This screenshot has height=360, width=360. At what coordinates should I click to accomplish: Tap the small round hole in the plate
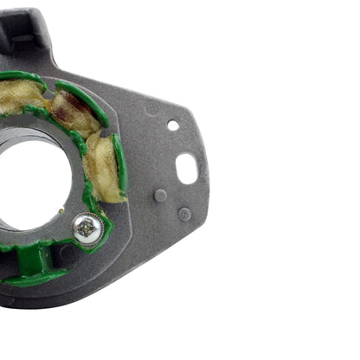pos(173,125)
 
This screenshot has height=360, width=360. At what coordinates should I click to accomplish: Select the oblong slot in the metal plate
pos(186,167)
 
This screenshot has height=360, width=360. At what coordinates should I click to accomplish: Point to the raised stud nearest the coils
pos(160,195)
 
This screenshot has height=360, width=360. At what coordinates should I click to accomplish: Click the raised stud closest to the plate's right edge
pos(184,213)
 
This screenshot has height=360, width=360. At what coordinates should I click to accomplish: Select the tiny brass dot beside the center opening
pos(61,210)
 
